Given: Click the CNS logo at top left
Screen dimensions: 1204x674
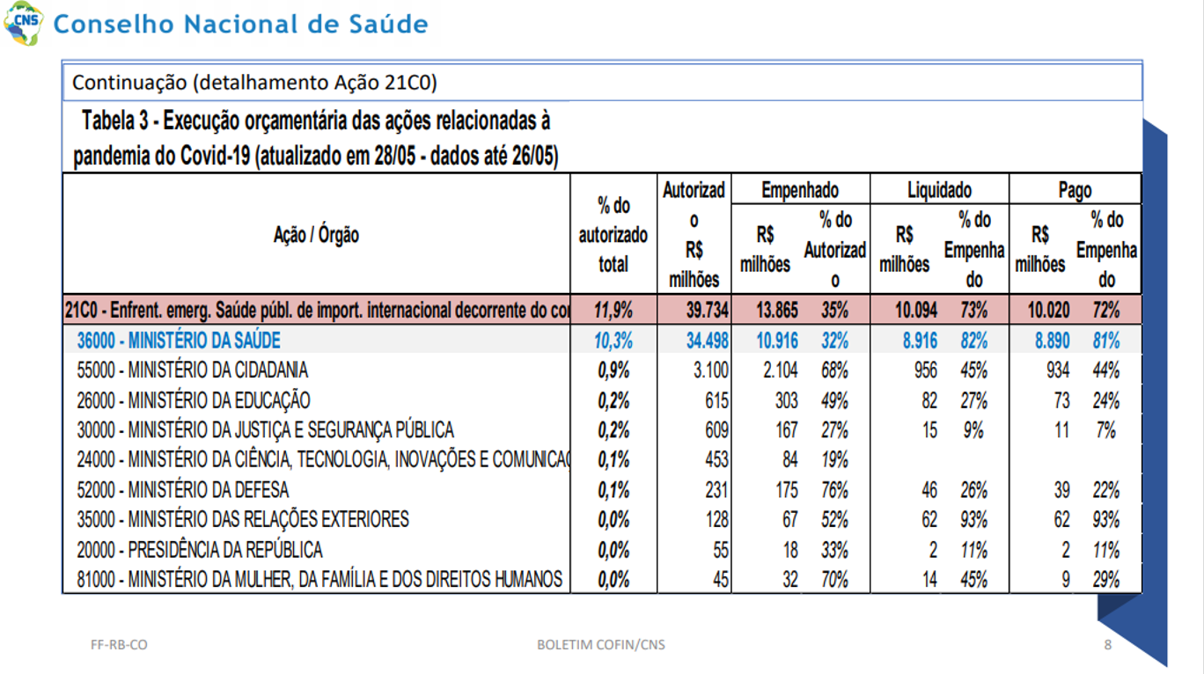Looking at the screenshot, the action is [x=23, y=23].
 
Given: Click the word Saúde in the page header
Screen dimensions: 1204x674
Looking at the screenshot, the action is [x=388, y=24].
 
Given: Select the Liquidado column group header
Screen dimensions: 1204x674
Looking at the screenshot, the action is [x=940, y=190].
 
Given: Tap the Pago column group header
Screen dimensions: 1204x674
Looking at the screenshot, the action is [x=1075, y=190].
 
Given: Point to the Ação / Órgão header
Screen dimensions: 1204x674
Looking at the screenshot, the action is [x=316, y=234].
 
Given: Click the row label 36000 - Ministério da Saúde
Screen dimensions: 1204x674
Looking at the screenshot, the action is [x=179, y=341].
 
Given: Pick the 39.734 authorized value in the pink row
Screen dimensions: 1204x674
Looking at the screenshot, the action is [x=707, y=310].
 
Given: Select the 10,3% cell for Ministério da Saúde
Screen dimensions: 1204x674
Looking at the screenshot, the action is [x=613, y=341].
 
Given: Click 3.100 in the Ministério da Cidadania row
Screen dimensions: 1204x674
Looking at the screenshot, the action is [x=710, y=370].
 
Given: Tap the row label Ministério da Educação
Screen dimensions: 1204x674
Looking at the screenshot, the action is [x=194, y=400].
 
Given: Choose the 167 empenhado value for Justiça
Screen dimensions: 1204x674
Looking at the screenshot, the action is [x=786, y=430].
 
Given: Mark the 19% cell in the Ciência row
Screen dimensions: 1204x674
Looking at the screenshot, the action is [x=834, y=459].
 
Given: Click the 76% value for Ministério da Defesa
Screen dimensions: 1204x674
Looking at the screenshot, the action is [x=834, y=489].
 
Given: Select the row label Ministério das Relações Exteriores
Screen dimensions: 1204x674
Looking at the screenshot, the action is [x=243, y=519].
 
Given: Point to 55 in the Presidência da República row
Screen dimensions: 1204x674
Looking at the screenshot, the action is [x=721, y=550].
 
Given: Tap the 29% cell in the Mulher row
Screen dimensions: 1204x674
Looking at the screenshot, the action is [x=1106, y=579].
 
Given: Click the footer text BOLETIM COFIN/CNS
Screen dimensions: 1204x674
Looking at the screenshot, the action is [x=601, y=644].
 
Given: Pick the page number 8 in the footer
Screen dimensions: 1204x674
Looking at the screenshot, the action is [x=1108, y=644].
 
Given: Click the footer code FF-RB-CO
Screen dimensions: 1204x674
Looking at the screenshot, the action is [x=119, y=644].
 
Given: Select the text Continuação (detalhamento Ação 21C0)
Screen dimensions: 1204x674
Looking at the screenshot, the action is [x=254, y=82].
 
